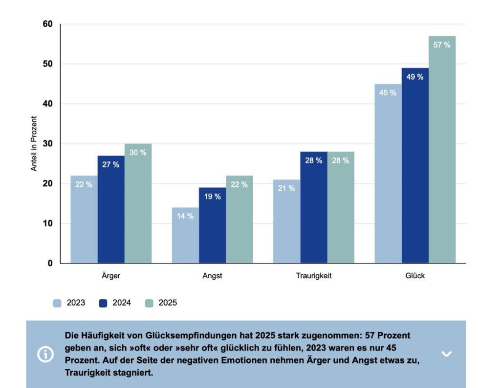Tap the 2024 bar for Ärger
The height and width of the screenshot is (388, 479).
coord(111,209)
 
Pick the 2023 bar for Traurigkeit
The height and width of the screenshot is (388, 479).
coord(286,222)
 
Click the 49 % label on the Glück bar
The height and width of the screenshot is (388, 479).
coord(414,77)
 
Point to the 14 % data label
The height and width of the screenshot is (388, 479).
coord(185,216)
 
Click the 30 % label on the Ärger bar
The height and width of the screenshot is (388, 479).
coord(138,152)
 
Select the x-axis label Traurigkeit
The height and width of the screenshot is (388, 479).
coord(313,276)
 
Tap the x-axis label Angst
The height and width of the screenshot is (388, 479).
coord(212,276)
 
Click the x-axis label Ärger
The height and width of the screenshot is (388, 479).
coord(111,276)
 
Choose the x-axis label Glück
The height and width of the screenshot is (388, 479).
coord(415,276)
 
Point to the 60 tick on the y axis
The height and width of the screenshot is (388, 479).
coord(47,24)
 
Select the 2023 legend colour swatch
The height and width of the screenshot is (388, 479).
coord(58,303)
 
